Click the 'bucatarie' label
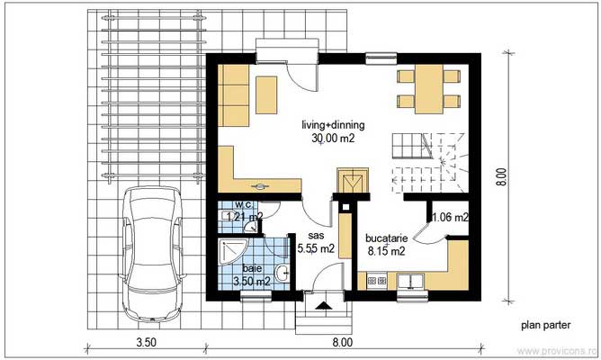[387, 238]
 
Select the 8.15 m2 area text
[387, 252]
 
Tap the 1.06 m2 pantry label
[450, 217]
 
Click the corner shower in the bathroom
[232, 251]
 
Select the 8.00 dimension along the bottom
[342, 342]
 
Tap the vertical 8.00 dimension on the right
[502, 175]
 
